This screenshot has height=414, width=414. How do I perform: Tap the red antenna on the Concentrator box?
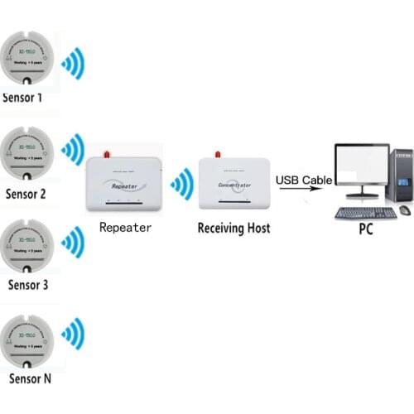pyautogui.click(x=217, y=155)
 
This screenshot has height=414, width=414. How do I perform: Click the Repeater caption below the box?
pyautogui.click(x=124, y=227)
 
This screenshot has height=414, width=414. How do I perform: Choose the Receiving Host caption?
pyautogui.click(x=233, y=227)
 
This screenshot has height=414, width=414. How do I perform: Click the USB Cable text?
pyautogui.click(x=304, y=180)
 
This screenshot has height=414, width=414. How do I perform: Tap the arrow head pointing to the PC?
pyautogui.click(x=318, y=190)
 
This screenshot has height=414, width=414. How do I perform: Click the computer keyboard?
pyautogui.click(x=364, y=212)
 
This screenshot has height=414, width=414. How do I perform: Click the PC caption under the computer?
pyautogui.click(x=365, y=229)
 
